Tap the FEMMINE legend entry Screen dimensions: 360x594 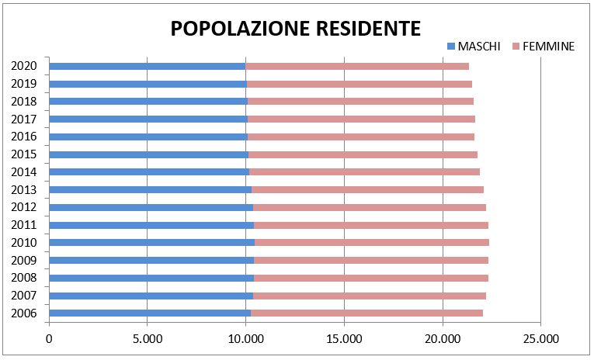tap(548, 47)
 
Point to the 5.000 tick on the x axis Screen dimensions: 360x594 tap(148, 338)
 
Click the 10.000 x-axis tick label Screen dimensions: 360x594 tap(245, 338)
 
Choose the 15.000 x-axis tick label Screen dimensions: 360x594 tap(344, 338)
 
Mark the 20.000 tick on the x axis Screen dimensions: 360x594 tap(443, 338)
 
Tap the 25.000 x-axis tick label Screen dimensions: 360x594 tap(540, 338)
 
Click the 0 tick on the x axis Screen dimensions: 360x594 tap(49, 338)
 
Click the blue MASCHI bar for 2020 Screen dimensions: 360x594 tap(148, 66)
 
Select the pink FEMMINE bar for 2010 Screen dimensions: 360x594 tap(371, 242)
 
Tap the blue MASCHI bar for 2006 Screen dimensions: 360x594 tap(150, 313)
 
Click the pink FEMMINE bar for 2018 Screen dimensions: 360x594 tap(360, 101)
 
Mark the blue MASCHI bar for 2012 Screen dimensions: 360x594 tap(151, 207)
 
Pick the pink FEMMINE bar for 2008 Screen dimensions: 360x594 tap(371, 278)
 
